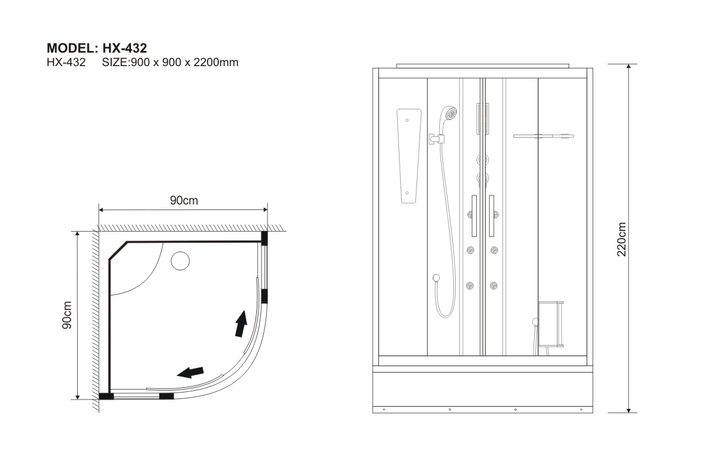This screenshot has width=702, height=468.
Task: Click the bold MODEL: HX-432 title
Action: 97,49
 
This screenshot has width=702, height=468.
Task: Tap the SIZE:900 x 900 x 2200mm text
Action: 170,63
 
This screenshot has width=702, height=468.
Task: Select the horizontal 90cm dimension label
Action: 184,200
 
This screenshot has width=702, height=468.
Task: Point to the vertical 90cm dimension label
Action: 67,315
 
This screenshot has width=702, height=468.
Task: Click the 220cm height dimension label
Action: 621,239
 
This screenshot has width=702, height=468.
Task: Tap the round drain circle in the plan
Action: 180,261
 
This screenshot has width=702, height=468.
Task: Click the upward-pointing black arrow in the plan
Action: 241,324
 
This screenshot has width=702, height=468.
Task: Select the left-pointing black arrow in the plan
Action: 190,373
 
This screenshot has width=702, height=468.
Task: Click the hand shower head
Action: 448,115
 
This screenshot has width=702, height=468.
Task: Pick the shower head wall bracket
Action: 437,139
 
